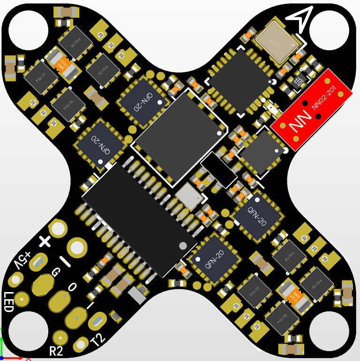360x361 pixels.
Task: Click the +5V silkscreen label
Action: tap(23, 260)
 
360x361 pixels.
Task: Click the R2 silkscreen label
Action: tap(56, 351)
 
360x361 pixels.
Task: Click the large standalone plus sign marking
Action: tap(45, 241)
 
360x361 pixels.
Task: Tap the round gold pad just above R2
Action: tap(60, 336)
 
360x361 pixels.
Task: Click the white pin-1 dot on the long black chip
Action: tap(183, 245)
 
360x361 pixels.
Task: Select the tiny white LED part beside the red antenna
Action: tap(272, 109)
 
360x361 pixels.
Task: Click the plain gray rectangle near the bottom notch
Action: tap(137, 295)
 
